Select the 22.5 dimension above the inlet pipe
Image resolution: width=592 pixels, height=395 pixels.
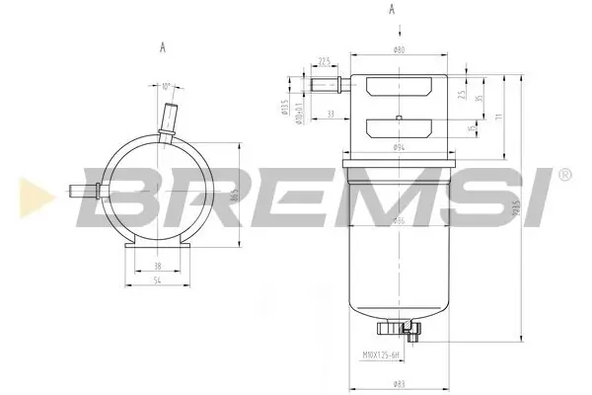click(324, 61)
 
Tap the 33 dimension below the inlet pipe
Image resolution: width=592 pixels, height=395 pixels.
click(329, 115)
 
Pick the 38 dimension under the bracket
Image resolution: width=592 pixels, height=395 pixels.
click(158, 267)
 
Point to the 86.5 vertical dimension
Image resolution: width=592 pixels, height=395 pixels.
click(233, 198)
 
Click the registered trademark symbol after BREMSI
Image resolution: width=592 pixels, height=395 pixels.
click(564, 176)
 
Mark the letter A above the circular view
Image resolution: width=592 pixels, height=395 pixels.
click(160, 46)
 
